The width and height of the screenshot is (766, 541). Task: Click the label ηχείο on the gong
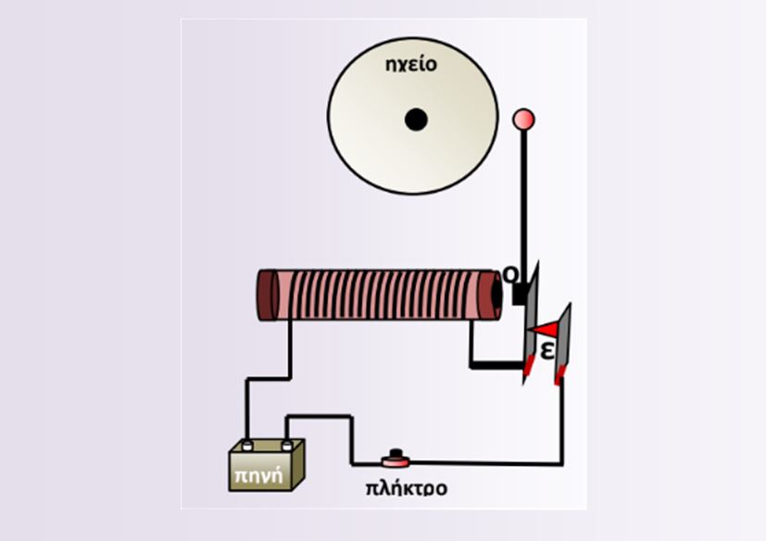(411, 65)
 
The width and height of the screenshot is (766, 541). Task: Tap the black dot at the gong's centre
(416, 120)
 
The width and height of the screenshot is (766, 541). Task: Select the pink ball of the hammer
(523, 120)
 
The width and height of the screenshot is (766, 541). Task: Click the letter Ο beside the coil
(510, 274)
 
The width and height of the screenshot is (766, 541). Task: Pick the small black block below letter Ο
(519, 295)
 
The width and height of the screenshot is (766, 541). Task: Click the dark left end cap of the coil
(268, 296)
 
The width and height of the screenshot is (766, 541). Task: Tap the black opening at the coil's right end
(496, 295)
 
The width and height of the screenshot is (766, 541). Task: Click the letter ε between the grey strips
(548, 350)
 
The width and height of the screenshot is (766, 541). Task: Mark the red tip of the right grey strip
(559, 375)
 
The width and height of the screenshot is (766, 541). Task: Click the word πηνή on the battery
(259, 475)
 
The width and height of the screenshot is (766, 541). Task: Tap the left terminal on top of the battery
(247, 445)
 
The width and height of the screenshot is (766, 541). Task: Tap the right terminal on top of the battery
(287, 445)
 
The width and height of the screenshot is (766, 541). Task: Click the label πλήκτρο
(407, 488)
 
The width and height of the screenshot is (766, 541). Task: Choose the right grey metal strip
(563, 341)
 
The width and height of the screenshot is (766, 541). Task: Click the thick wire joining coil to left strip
(496, 365)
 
